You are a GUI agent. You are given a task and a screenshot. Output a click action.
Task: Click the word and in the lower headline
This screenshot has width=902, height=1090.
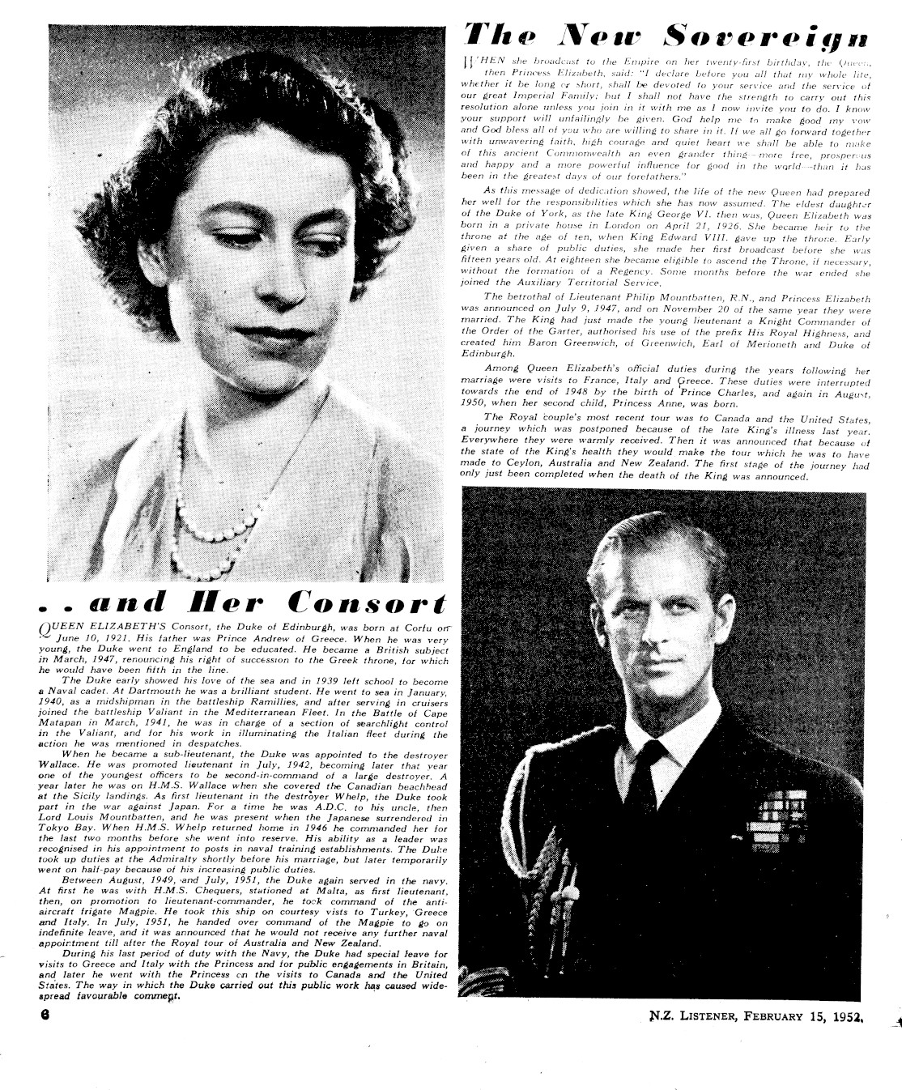point(121,603)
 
